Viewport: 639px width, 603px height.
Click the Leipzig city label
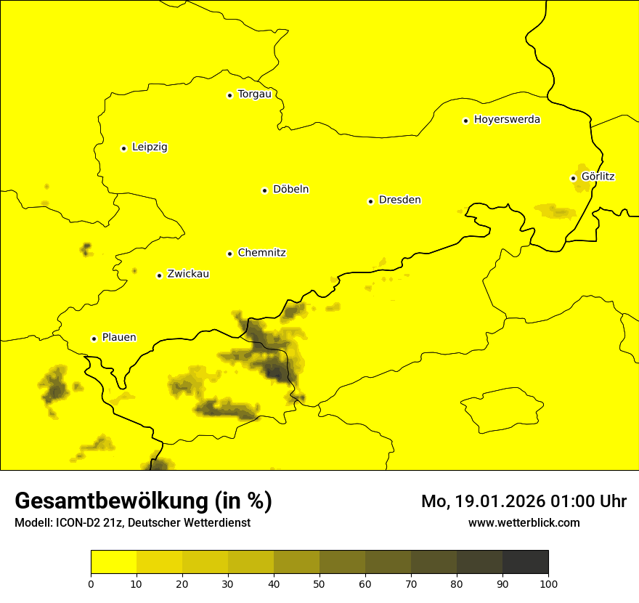pos(150,147)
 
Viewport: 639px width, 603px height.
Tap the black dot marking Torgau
pos(229,95)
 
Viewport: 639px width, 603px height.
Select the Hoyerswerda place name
pos(507,120)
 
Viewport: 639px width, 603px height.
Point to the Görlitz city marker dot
pos(573,178)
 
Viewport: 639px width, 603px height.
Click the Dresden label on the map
pos(399,201)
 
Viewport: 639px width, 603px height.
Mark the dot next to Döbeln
pos(264,190)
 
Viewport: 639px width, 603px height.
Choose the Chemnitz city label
pos(261,254)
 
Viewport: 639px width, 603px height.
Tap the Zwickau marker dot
pos(159,275)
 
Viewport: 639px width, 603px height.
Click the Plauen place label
pos(119,338)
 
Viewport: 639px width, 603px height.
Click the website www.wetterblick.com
pos(524,523)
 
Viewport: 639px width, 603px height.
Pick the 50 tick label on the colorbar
pos(319,584)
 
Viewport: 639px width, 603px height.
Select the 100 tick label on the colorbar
pos(548,584)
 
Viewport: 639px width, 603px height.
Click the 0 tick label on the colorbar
pos(91,584)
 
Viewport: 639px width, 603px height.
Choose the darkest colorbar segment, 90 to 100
pos(525,562)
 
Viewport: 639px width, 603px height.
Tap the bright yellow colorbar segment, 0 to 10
pos(113,562)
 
